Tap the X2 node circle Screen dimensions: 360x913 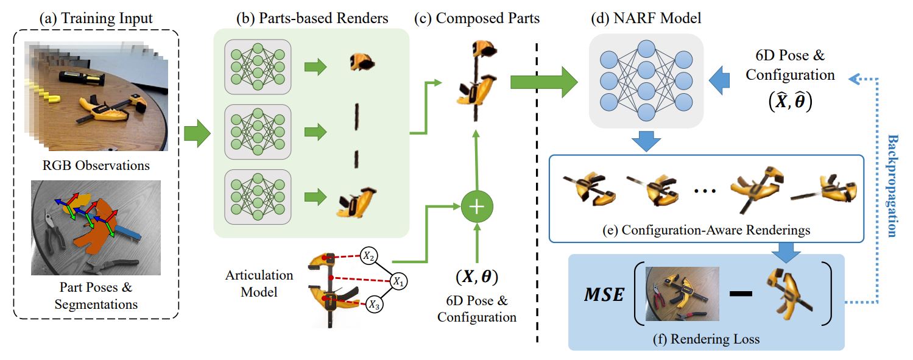(369, 256)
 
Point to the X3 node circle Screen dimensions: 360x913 (374, 306)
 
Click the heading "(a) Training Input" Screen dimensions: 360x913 (96, 18)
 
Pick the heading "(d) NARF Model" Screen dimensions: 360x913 (646, 18)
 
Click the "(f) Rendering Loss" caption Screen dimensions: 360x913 (707, 339)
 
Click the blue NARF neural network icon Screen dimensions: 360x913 (646, 77)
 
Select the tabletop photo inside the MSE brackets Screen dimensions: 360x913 (682, 294)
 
